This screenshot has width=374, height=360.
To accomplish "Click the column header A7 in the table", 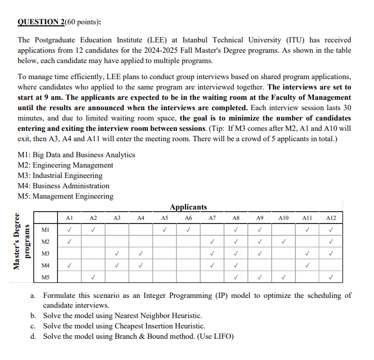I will (x=212, y=218).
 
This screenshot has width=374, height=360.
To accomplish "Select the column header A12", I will (x=331, y=218).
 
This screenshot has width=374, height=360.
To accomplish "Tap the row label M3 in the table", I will (x=46, y=253).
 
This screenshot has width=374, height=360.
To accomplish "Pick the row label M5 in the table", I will (x=46, y=277).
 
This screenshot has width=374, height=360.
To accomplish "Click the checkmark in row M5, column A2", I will (x=93, y=277).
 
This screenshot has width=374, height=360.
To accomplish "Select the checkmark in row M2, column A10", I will (x=283, y=242).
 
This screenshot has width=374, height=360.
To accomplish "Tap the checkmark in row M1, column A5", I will (x=164, y=230).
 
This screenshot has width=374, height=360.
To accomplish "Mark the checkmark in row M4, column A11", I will (x=307, y=265).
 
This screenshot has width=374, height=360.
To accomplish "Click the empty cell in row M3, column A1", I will (x=69, y=253).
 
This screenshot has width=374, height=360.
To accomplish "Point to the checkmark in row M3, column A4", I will (x=141, y=253).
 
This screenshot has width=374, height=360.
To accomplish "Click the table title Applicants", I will (x=188, y=207).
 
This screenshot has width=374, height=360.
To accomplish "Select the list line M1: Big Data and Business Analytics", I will (x=76, y=155).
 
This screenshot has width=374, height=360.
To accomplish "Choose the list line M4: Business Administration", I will (x=64, y=186).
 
